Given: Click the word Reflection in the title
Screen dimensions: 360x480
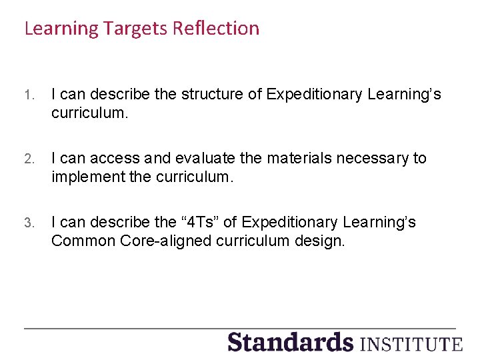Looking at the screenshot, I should pyautogui.click(x=215, y=29).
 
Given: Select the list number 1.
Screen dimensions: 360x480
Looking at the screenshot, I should pyautogui.click(x=28, y=95).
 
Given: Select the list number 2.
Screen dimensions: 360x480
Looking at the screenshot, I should pyautogui.click(x=28, y=159).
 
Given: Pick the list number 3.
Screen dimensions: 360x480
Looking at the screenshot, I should pyautogui.click(x=28, y=223).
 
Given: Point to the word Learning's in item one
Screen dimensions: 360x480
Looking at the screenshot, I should pyautogui.click(x=404, y=95).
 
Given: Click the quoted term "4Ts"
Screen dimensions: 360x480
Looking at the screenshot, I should pyautogui.click(x=201, y=222).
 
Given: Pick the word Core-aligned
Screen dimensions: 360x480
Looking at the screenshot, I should pyautogui.click(x=167, y=241).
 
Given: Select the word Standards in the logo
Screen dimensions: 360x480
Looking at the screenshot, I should pyautogui.click(x=290, y=342).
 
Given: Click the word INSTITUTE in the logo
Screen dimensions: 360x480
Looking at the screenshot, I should pyautogui.click(x=411, y=344).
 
